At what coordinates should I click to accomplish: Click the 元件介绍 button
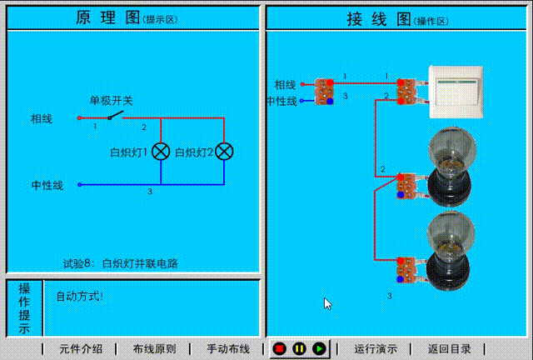81,348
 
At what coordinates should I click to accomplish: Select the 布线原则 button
154,348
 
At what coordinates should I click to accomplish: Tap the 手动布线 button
228,348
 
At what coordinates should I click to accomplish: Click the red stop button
280,348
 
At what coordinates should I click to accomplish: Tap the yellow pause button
299,348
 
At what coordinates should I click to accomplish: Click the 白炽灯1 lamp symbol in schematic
161,152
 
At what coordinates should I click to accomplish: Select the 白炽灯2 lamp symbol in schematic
224,152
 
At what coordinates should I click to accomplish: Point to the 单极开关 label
112,101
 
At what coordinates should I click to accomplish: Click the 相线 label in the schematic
42,119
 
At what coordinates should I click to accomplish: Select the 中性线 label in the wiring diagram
281,101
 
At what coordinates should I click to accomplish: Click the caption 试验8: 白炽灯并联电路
121,263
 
